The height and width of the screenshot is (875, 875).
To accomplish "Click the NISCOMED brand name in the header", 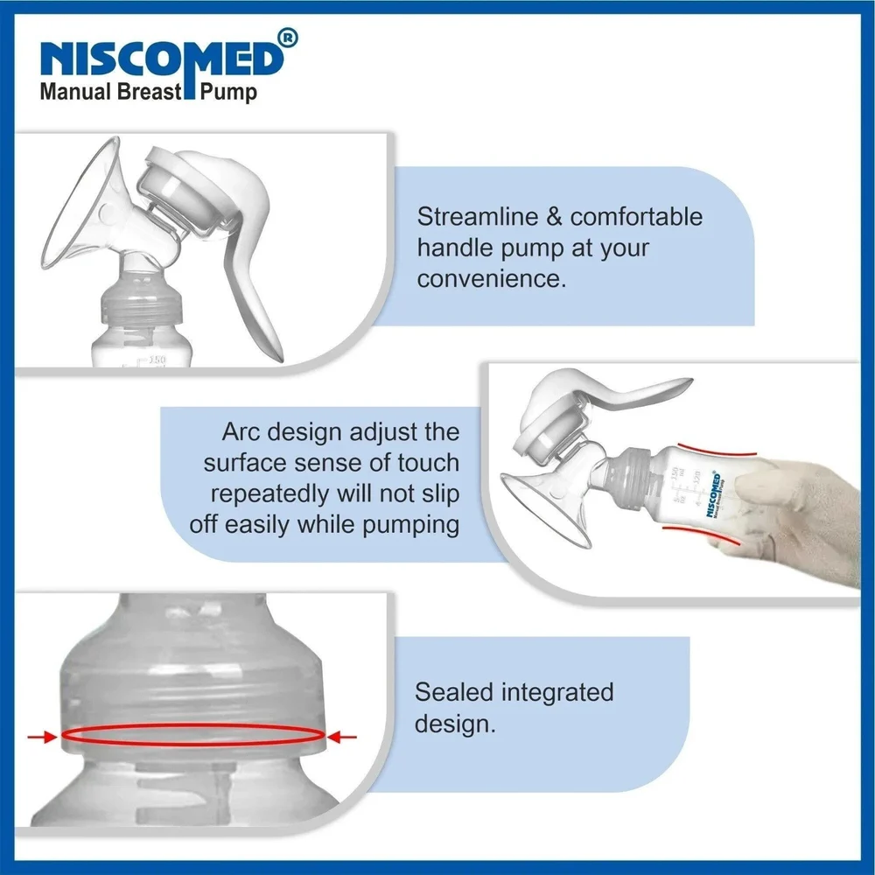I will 163,58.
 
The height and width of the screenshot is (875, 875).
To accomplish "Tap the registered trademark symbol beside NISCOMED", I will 290,37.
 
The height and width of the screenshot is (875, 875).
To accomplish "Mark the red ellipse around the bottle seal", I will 194,737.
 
